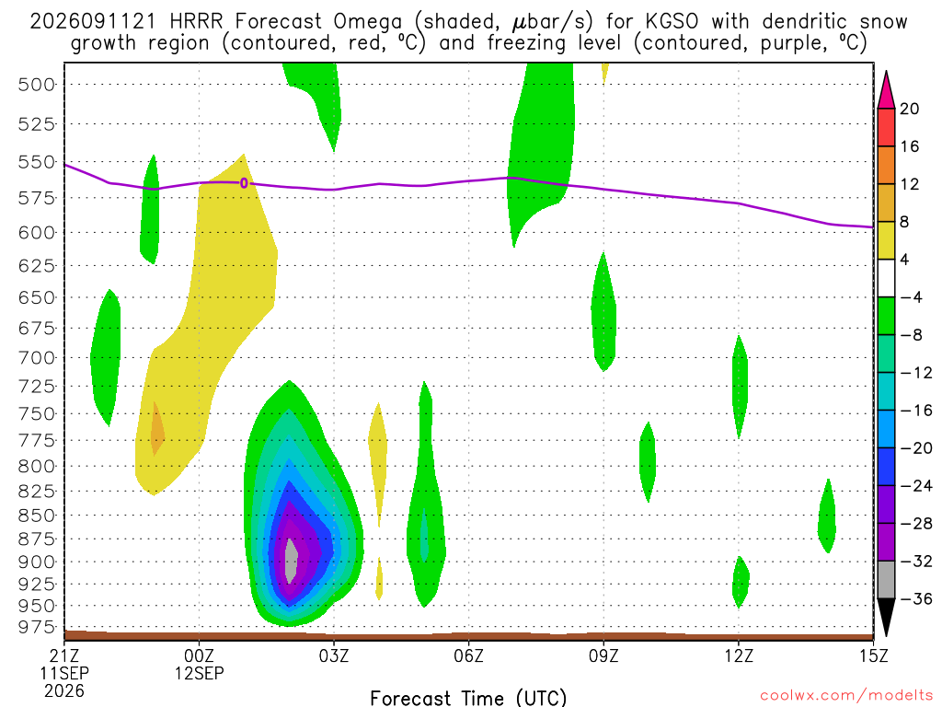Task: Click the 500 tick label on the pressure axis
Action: point(36,84)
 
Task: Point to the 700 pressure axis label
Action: point(36,358)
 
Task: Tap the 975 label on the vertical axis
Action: point(36,627)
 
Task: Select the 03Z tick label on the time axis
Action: point(333,655)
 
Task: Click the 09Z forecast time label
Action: point(603,655)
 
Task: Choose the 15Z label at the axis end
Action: point(873,655)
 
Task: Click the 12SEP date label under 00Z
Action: point(199,673)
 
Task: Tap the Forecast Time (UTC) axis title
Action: point(468,698)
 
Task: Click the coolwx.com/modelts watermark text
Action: point(846,696)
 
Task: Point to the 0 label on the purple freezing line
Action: point(243,183)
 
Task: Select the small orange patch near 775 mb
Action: point(156,429)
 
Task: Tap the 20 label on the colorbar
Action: point(909,109)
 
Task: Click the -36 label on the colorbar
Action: point(916,598)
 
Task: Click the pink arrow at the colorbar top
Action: point(886,89)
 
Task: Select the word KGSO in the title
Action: point(672,22)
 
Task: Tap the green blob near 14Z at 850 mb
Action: point(827,516)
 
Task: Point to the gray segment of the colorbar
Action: point(886,580)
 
